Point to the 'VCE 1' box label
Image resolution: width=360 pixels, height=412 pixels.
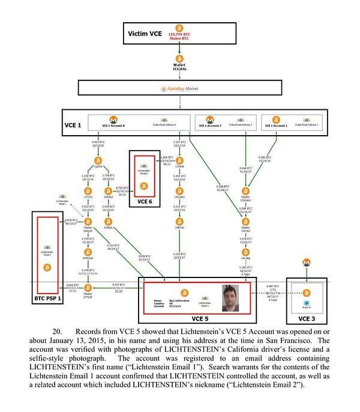coord(74,126)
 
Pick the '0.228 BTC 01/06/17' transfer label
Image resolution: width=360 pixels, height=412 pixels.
coord(223,189)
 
